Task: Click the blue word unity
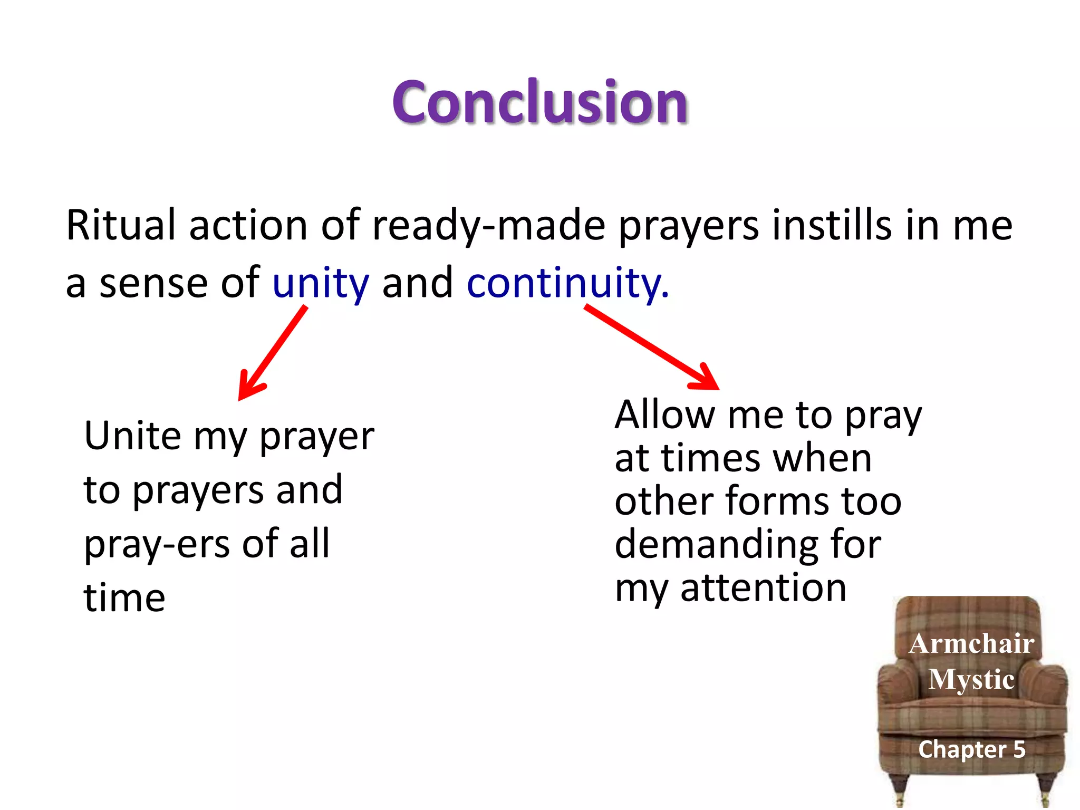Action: tap(320, 284)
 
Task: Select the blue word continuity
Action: tap(567, 284)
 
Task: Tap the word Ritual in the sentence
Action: tap(120, 225)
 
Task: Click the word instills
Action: tap(832, 225)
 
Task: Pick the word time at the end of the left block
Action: tap(124, 599)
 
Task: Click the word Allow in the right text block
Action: tap(664, 415)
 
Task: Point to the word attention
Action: tap(763, 588)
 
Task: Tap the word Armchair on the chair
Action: tap(971, 644)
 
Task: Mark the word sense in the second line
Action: tap(153, 284)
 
